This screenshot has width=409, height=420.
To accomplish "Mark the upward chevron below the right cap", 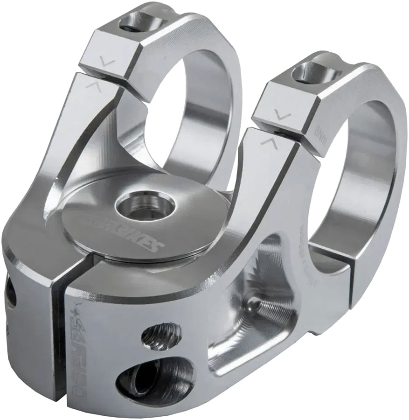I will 269,140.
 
